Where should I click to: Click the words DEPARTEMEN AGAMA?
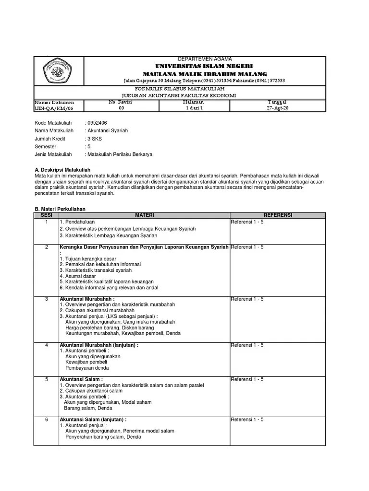pos(205,59)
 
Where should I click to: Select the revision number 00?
pos(121,108)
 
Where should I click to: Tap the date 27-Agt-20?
pos(277,108)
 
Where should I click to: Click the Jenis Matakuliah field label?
pos(53,154)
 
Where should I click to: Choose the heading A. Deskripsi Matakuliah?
pos(62,170)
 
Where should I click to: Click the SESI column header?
pos(46,215)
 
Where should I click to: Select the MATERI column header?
pos(144,215)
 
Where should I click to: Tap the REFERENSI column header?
pos(278,215)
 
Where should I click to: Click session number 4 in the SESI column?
pos(47,345)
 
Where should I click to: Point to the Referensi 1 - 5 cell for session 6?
pos(247,420)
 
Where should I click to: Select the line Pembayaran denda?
pos(87,368)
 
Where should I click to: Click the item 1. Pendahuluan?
pos(77,222)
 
